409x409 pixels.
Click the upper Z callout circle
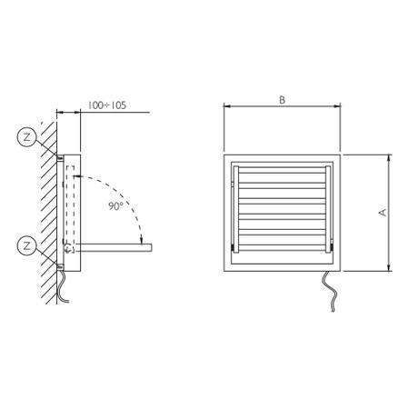(27, 137)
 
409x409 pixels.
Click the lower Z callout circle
(27, 245)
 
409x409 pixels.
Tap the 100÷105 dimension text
(107, 105)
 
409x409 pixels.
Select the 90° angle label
(115, 206)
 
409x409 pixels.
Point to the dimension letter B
(282, 100)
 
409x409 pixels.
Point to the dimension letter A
(383, 213)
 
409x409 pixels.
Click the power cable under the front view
(330, 291)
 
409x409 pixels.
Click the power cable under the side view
(63, 286)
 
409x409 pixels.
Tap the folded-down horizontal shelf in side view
(114, 247)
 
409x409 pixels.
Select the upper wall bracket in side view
(60, 158)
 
